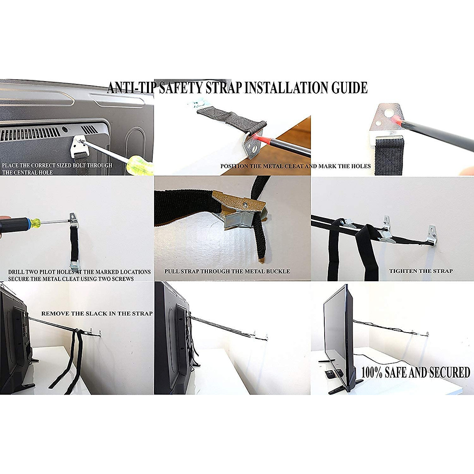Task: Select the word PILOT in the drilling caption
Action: [x=49, y=272]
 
